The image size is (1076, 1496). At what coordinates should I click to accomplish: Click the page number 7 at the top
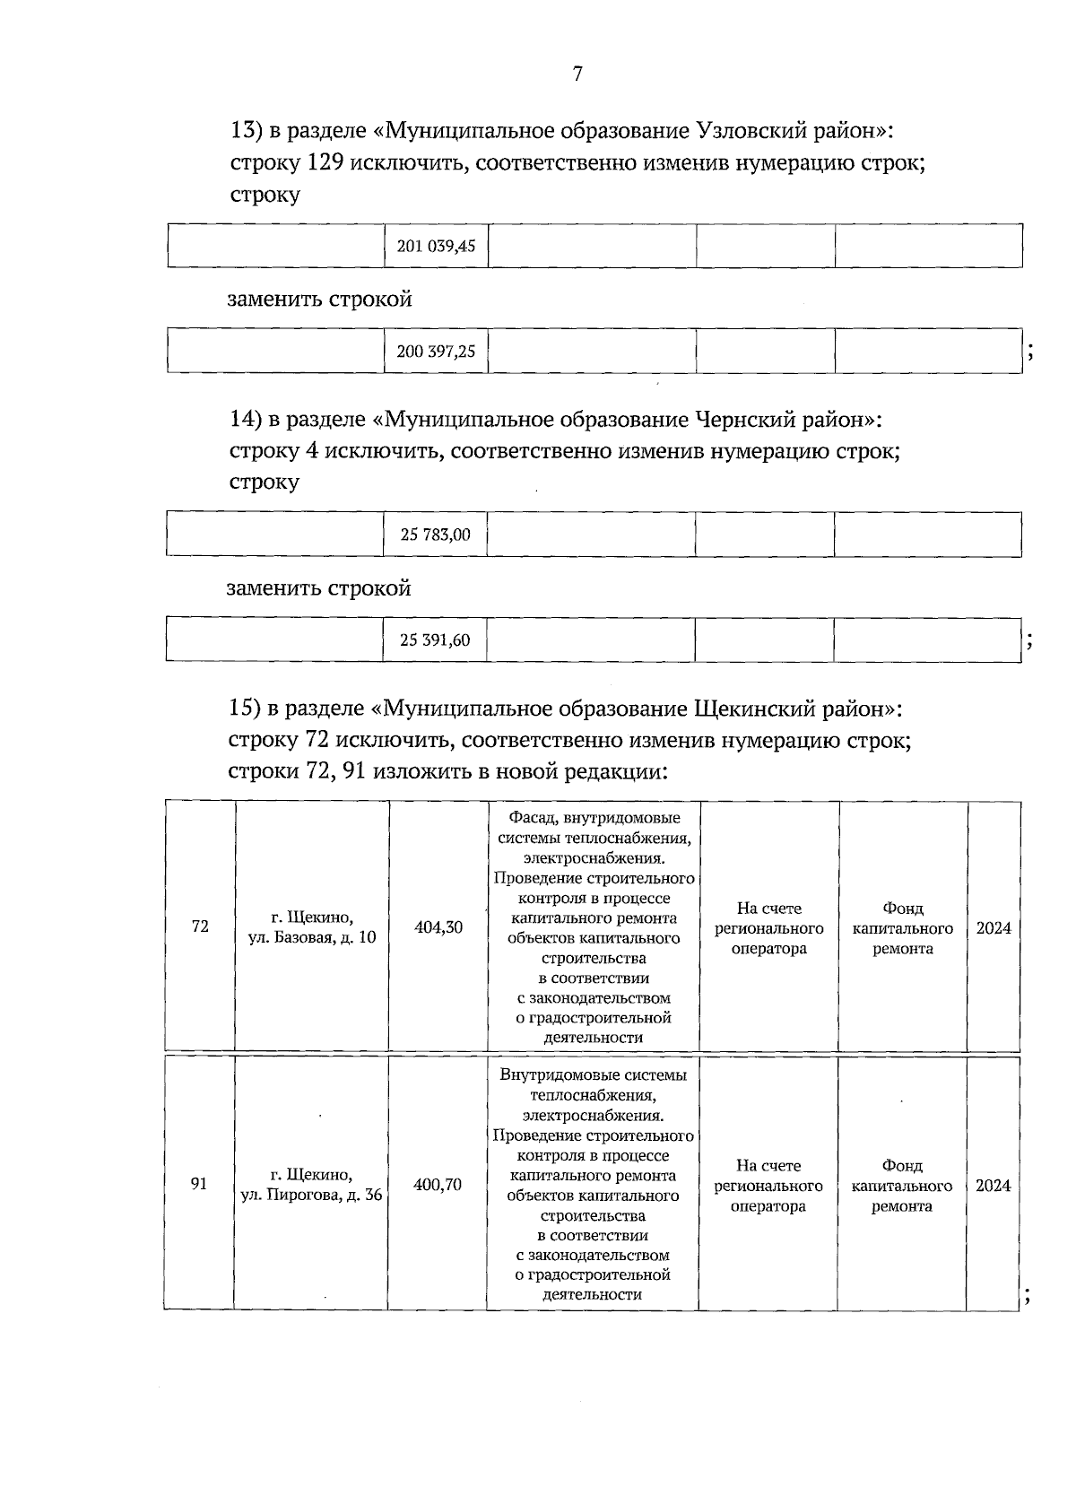click(x=577, y=74)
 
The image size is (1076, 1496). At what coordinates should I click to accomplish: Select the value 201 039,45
click(x=436, y=247)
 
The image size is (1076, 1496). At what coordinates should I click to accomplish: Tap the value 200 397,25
click(x=436, y=352)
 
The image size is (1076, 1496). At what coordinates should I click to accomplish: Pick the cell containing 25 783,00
click(x=435, y=535)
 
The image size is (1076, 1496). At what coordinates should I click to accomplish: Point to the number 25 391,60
click(x=435, y=640)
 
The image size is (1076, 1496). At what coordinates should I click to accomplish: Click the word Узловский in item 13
click(x=751, y=132)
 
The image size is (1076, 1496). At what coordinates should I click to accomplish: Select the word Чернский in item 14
click(x=746, y=420)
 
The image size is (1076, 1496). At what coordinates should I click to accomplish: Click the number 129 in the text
click(x=325, y=163)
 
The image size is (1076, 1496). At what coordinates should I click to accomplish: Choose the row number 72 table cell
click(x=200, y=926)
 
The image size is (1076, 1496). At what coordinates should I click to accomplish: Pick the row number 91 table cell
click(x=199, y=1184)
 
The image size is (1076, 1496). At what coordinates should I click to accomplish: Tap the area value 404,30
click(x=438, y=927)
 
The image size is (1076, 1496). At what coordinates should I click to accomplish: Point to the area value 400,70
click(x=438, y=1185)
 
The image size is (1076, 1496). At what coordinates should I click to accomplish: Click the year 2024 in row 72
click(x=994, y=928)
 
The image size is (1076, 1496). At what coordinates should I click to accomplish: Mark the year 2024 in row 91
click(x=993, y=1186)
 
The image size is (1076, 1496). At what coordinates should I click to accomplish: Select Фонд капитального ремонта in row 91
click(x=902, y=1186)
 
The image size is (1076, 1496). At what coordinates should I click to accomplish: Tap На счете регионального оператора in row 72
click(x=769, y=928)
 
